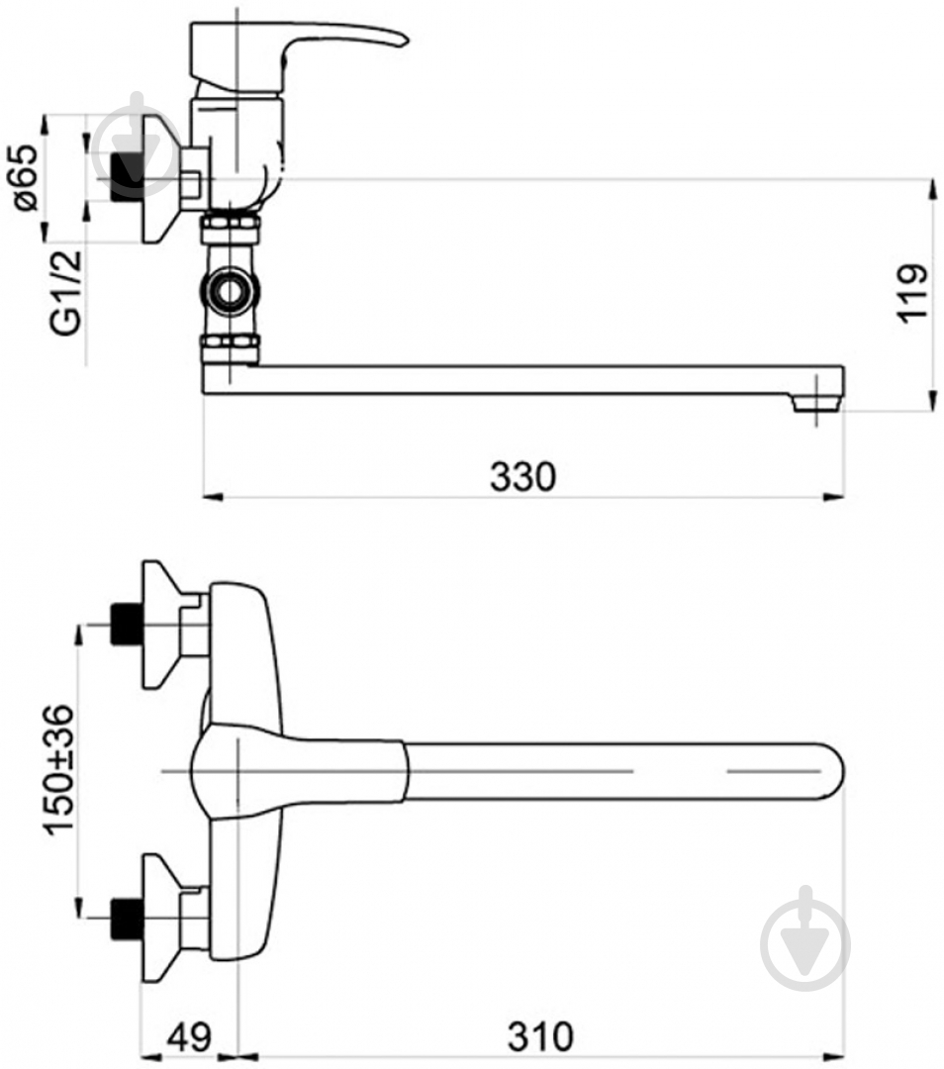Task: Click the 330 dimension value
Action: tap(522, 476)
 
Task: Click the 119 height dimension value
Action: tap(912, 293)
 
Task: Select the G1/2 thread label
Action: tap(67, 292)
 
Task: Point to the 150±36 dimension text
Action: tap(58, 770)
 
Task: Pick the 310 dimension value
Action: tap(540, 1036)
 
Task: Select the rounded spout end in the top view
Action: tap(829, 770)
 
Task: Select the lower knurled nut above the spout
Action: tap(231, 347)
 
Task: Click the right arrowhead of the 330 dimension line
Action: tap(835, 497)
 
